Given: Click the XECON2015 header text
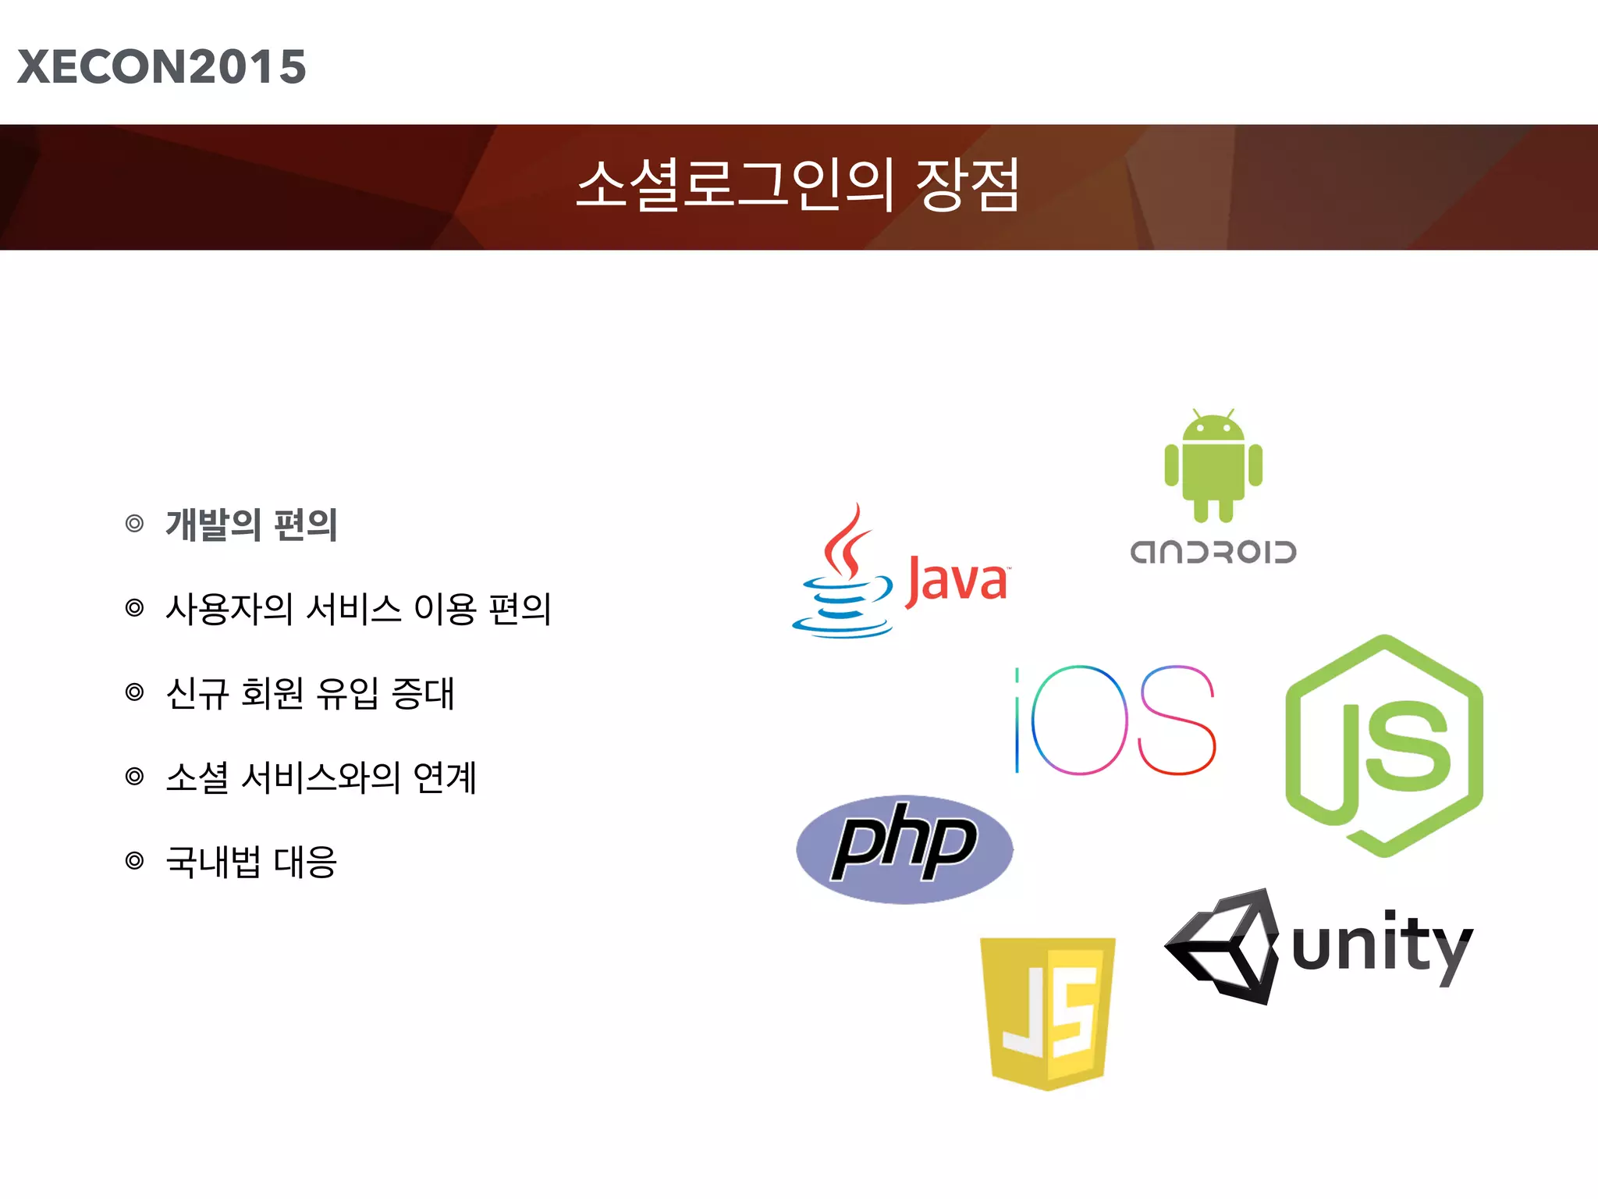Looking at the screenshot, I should pos(162,66).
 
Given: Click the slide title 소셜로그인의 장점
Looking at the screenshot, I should pos(797,186).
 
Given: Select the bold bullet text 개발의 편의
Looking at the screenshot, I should pos(251,525).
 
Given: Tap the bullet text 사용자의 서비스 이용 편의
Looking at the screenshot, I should pos(358,609).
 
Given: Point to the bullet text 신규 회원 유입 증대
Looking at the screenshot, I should pos(310,693).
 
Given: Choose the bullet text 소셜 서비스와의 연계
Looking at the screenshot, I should pos(321,777).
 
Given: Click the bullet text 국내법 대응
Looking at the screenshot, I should pos(251,862).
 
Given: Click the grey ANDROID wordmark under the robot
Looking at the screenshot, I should pos(1213,552).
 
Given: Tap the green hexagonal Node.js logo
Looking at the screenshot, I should pos(1384,745).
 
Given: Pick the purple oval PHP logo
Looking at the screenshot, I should pos(905,849).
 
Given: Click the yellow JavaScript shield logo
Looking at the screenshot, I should pos(1048,1012).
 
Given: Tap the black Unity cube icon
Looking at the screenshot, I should pos(1225,945).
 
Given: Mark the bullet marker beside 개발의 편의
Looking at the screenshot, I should pos(135,524).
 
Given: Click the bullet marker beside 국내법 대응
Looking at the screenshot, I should pos(135,861).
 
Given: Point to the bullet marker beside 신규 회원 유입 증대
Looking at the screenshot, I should pos(135,692).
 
